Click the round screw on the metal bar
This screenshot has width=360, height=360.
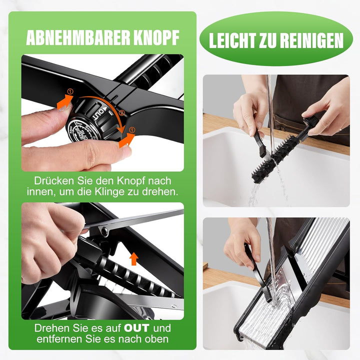[104, 231]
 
